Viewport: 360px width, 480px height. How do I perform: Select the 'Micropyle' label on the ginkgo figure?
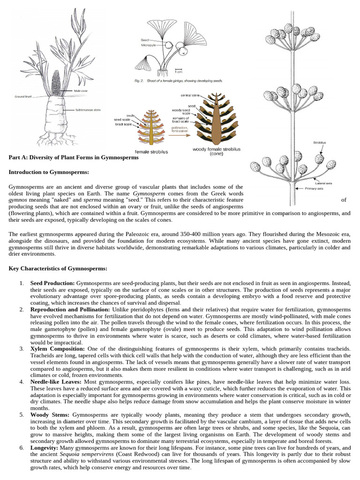pos(149,45)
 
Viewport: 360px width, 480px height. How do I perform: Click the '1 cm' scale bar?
pos(179,71)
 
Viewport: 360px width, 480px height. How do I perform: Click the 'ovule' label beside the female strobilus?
pos(131,115)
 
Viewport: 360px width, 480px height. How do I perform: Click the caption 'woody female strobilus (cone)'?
pos(217,151)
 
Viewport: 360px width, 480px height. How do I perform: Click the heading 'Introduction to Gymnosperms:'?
pos(45,172)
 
